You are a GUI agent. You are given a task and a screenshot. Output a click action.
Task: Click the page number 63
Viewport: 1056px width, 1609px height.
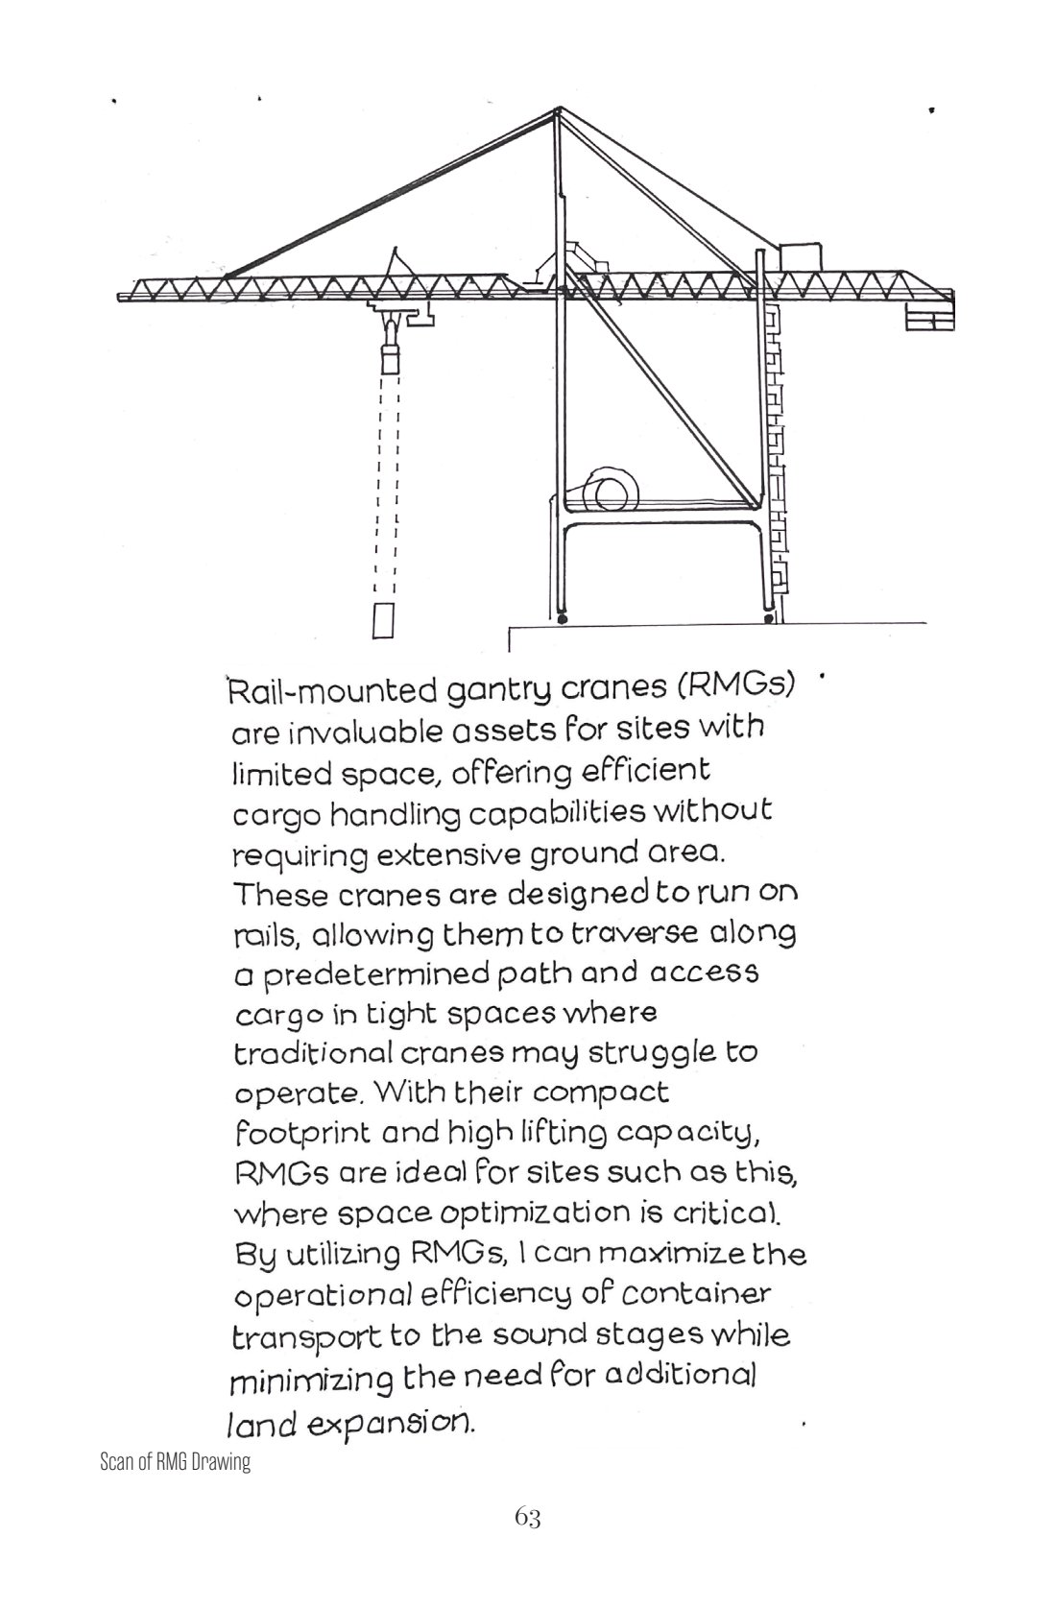click(x=527, y=1517)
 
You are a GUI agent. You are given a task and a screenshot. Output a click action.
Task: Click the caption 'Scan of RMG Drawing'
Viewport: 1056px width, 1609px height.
click(x=175, y=1463)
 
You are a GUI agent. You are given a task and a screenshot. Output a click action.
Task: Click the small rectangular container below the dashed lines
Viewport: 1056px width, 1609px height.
click(x=384, y=620)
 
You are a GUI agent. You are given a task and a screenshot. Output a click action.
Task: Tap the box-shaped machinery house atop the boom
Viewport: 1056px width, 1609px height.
click(x=801, y=257)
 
